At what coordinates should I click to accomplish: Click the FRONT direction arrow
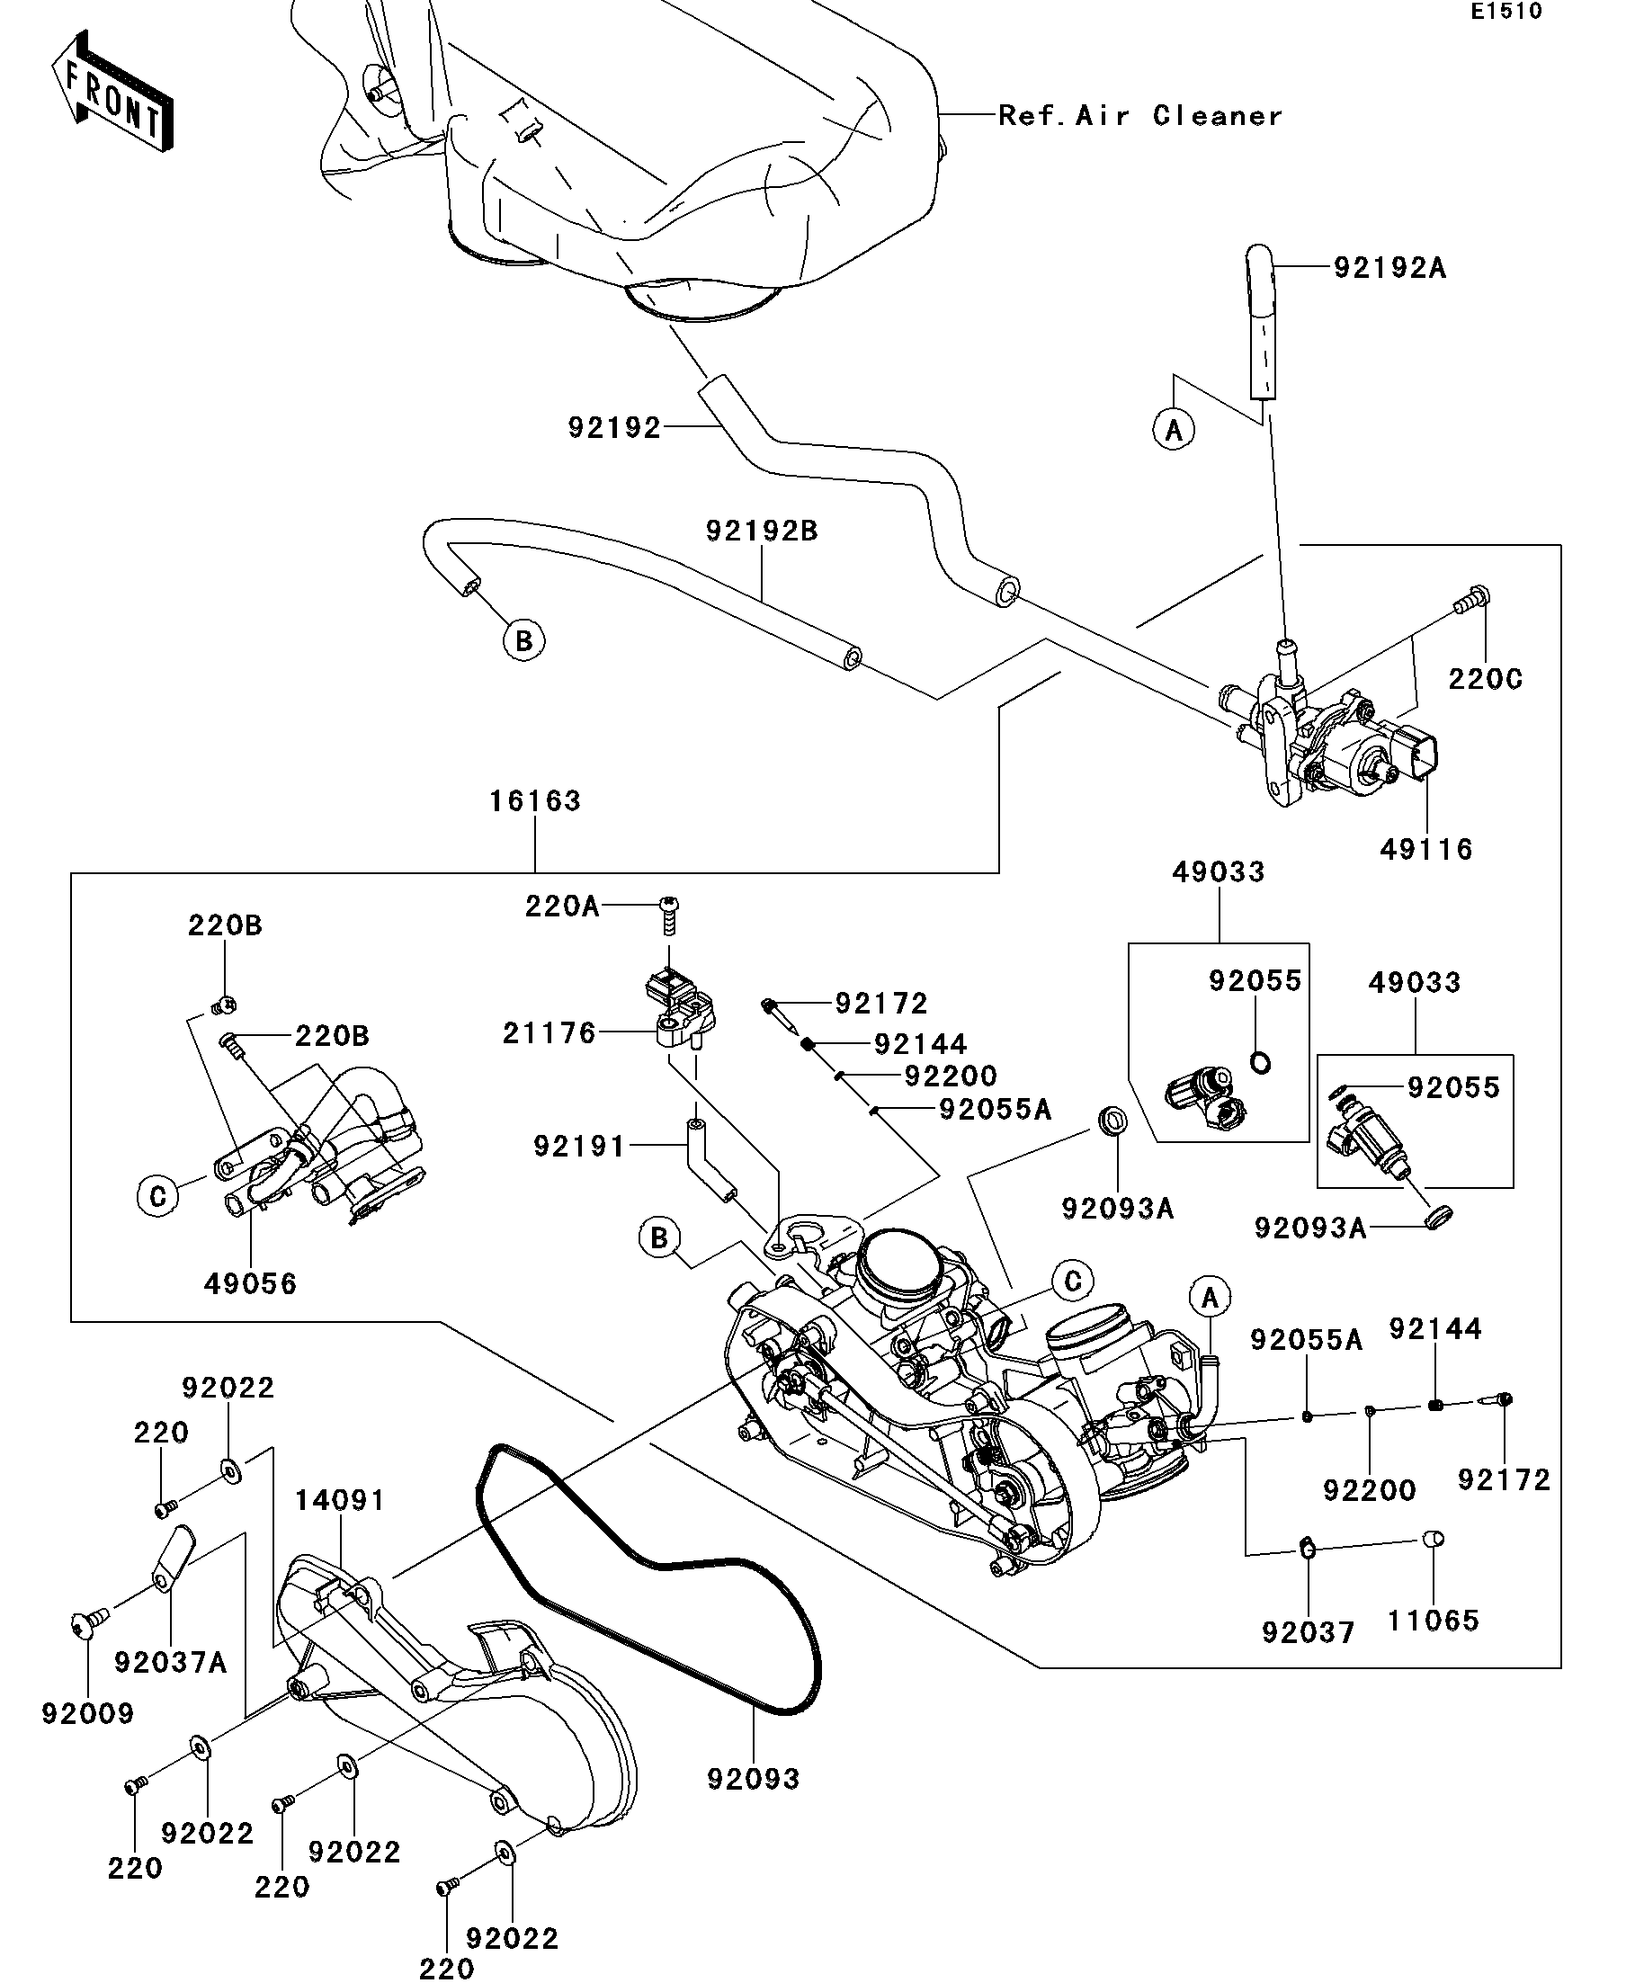click(112, 93)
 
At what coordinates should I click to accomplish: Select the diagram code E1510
click(1506, 13)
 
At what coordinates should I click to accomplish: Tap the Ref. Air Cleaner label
click(1139, 116)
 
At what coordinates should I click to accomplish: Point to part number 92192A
click(1389, 268)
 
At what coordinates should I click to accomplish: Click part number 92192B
click(761, 531)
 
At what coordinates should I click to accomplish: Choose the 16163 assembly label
click(534, 800)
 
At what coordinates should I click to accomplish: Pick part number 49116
click(1425, 850)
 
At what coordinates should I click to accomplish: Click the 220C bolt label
click(1485, 679)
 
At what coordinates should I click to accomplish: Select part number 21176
click(549, 1033)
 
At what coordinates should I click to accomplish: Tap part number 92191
click(580, 1147)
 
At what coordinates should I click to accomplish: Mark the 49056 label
click(250, 1283)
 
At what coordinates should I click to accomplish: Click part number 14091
click(340, 1500)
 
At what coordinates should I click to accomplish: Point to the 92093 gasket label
click(753, 1779)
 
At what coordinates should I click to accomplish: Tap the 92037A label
click(171, 1662)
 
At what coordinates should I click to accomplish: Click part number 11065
click(1433, 1621)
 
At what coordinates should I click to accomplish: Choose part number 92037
click(1308, 1632)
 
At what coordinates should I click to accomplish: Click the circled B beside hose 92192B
click(523, 641)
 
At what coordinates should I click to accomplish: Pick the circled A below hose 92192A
click(1174, 431)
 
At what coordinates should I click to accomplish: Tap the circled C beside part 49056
click(157, 1196)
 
